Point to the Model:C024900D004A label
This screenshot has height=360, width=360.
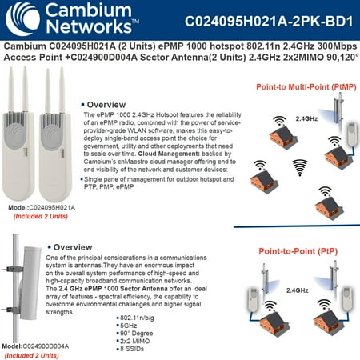pos(38,346)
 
